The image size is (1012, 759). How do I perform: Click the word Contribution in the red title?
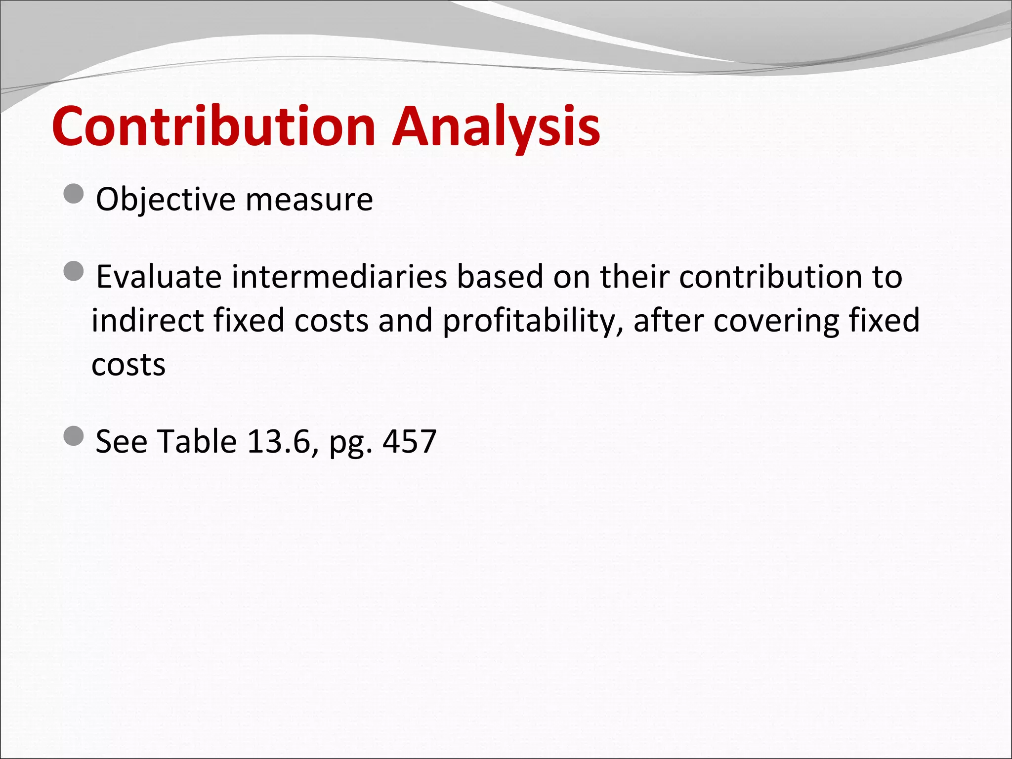(x=213, y=126)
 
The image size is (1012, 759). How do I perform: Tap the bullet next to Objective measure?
(x=74, y=194)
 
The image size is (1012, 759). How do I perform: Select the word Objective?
(x=166, y=200)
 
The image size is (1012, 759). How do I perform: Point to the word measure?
(x=309, y=200)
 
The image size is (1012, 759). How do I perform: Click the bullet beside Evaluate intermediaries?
(x=74, y=271)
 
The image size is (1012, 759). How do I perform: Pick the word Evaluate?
(x=159, y=277)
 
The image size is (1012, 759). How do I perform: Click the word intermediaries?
(x=339, y=277)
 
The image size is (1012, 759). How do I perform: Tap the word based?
(x=500, y=277)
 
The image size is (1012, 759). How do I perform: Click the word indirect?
(x=148, y=321)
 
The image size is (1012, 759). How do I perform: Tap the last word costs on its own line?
(x=128, y=365)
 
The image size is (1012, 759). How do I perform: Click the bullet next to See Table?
(x=74, y=436)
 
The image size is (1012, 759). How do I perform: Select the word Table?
(x=197, y=441)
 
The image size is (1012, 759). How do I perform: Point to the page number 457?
(x=410, y=441)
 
